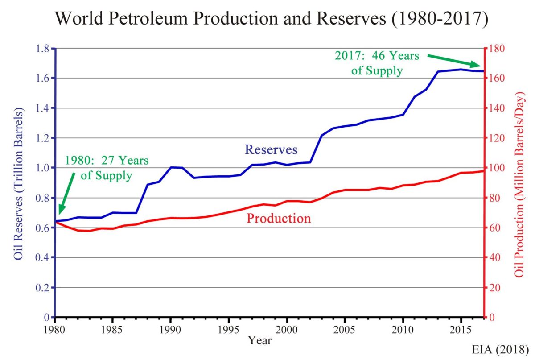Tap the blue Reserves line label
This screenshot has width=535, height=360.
click(x=271, y=149)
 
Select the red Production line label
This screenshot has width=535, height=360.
click(x=279, y=218)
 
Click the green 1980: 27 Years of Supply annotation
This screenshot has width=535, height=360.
click(x=107, y=168)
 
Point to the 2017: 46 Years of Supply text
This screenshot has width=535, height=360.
click(x=377, y=63)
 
